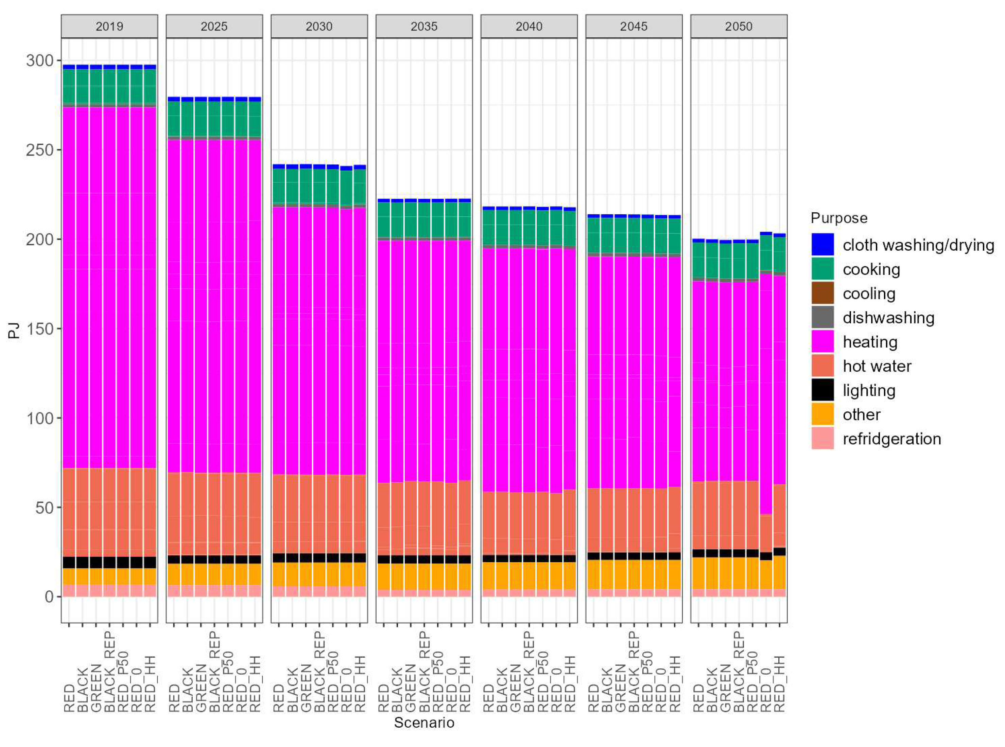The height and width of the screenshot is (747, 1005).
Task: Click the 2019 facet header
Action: coord(109,26)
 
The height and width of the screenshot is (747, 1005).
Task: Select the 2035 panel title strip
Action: coord(423,26)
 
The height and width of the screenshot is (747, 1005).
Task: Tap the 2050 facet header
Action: coord(738,26)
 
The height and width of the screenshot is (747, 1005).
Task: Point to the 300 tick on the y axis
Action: coord(39,60)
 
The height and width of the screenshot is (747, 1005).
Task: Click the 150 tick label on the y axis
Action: coord(39,329)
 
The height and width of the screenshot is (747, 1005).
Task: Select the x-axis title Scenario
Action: coord(423,723)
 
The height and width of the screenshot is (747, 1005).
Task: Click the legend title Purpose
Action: coord(838,218)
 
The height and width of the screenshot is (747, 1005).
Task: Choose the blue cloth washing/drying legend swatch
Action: coord(822,245)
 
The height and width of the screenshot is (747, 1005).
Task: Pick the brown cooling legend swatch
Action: coord(822,294)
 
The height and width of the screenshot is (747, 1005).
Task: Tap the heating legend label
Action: coord(869,342)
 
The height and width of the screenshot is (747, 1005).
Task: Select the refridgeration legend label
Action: coord(891,439)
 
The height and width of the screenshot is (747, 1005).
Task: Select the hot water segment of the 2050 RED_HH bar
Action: coord(779,515)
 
